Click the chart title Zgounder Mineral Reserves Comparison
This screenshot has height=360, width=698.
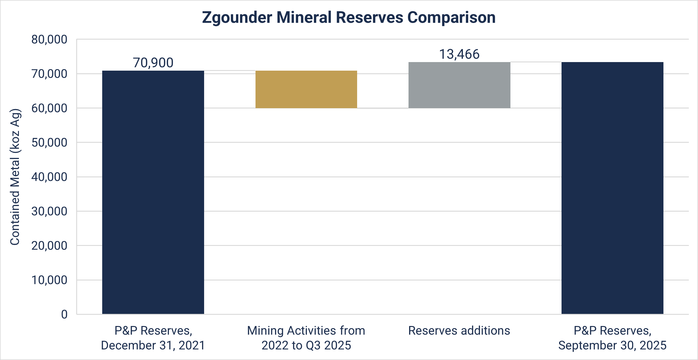tap(349, 17)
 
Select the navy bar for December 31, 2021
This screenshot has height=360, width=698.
tap(153, 192)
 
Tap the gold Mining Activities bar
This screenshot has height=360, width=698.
tap(306, 89)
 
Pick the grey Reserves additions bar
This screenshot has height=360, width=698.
tap(459, 85)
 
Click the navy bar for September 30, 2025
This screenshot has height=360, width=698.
tap(612, 188)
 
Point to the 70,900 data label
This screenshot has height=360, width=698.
tap(153, 63)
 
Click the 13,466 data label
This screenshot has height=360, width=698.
tap(459, 54)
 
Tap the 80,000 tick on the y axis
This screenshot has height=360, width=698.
tap(49, 40)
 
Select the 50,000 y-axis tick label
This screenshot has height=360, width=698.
tap(49, 143)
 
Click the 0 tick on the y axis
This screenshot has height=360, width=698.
tap(64, 314)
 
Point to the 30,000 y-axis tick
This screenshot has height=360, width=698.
tap(49, 211)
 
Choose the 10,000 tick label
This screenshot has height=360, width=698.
tap(49, 280)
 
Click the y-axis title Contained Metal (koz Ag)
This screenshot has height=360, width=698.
tap(15, 177)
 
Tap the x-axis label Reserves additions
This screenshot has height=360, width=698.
tap(459, 331)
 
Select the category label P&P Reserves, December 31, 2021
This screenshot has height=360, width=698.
tap(153, 338)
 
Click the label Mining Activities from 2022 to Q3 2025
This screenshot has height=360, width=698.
tap(306, 338)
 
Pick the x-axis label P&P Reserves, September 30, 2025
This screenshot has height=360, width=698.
tap(612, 338)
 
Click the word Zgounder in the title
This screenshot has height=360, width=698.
tap(237, 17)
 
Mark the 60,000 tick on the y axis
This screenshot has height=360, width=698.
tap(49, 108)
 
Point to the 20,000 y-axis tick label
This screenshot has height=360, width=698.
tap(49, 246)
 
